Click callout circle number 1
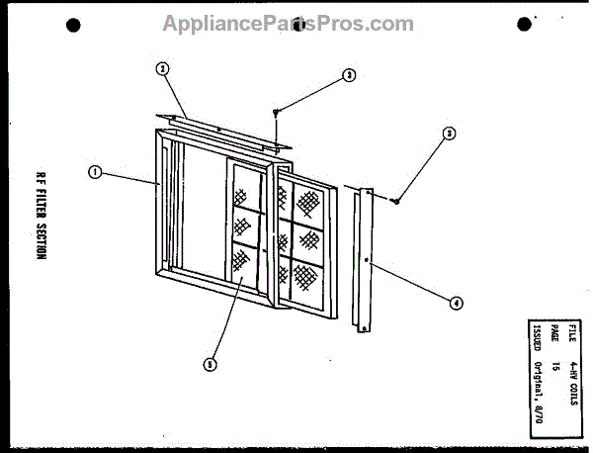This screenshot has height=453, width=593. point(95,172)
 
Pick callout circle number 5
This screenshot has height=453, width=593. point(210,364)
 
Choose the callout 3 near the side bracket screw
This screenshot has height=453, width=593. point(449,133)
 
